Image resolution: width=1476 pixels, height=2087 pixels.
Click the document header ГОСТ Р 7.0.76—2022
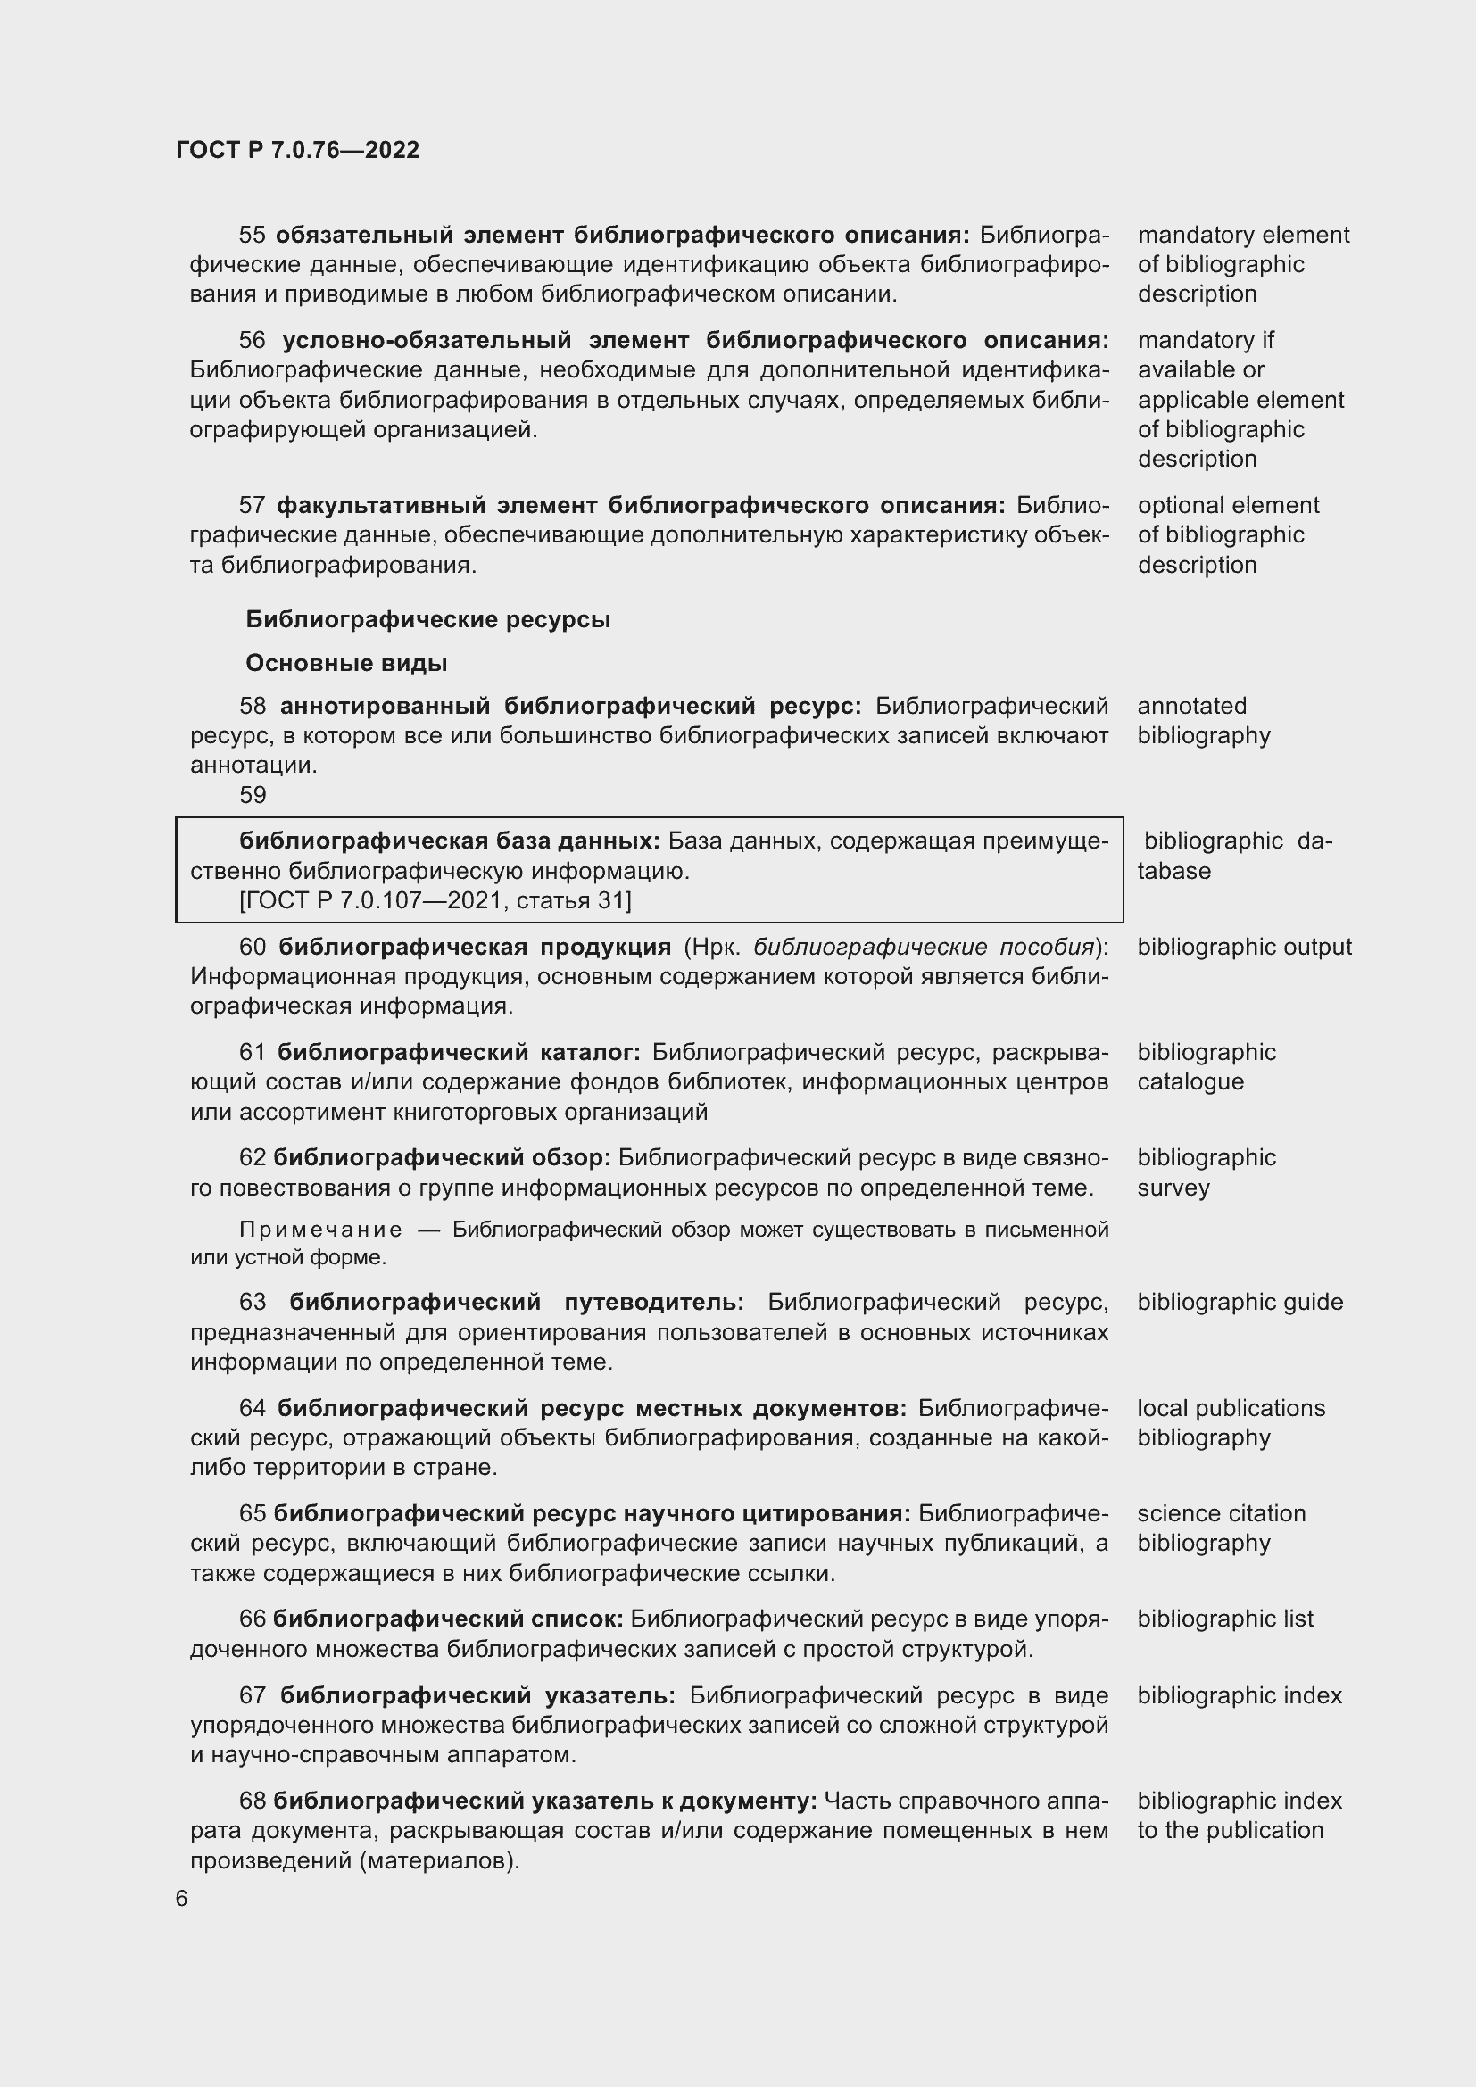pyautogui.click(x=297, y=150)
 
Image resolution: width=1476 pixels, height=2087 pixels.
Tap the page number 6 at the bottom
pyautogui.click(x=182, y=1899)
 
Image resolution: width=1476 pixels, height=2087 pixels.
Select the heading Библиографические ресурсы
pyautogui.click(x=428, y=620)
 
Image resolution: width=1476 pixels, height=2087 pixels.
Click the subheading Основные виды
pyautogui.click(x=346, y=664)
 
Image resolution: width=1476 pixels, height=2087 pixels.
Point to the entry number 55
pyautogui.click(x=252, y=236)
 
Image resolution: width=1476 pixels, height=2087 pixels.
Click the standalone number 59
pyautogui.click(x=253, y=795)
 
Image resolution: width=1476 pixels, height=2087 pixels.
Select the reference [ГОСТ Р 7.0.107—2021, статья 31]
pyautogui.click(x=435, y=900)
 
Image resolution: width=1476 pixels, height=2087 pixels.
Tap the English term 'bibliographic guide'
pyautogui.click(x=1240, y=1303)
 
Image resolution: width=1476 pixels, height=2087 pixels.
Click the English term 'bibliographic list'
pyautogui.click(x=1225, y=1619)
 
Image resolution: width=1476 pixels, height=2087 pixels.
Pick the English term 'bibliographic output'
pyautogui.click(x=1244, y=948)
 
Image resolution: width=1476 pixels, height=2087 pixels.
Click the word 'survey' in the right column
pyautogui.click(x=1173, y=1188)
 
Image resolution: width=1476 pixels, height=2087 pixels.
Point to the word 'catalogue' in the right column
pyautogui.click(x=1190, y=1081)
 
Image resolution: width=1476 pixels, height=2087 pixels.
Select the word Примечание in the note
pyautogui.click(x=320, y=1230)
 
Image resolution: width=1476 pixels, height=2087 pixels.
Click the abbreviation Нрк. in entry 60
pyautogui.click(x=717, y=948)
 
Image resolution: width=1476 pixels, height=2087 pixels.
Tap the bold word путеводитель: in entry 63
pyautogui.click(x=653, y=1303)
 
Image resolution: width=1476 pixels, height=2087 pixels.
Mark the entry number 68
pyautogui.click(x=252, y=1801)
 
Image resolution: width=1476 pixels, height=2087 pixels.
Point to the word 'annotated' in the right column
pyautogui.click(x=1191, y=707)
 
